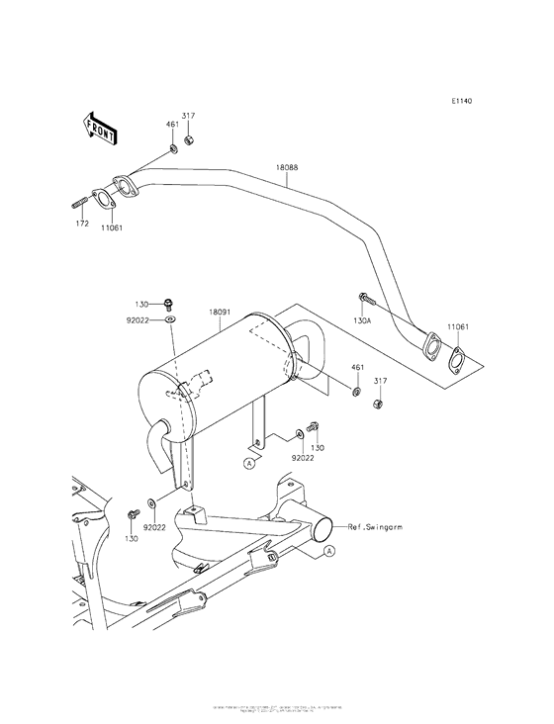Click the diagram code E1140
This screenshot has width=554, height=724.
(x=460, y=101)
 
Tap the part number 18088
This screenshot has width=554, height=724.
(x=286, y=169)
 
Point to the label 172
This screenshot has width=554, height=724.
(x=83, y=226)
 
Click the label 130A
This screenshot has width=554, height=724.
(x=363, y=320)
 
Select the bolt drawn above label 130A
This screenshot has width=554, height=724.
(x=365, y=297)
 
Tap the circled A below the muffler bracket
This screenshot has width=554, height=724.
(x=251, y=461)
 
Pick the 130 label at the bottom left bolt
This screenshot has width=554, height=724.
(x=131, y=538)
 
